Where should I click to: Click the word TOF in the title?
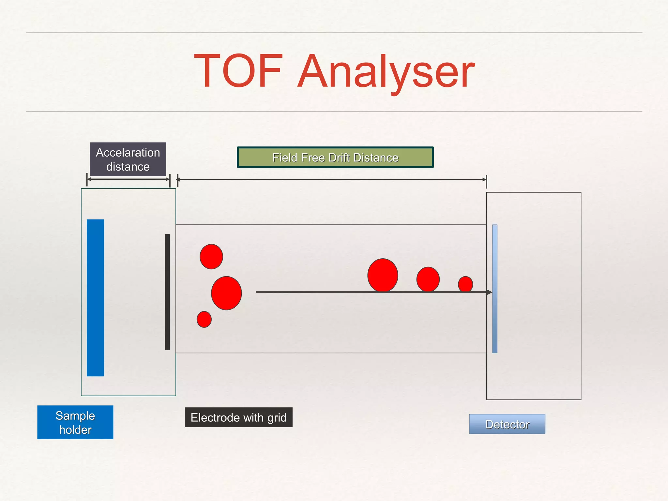[x=238, y=71]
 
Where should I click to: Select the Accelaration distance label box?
[x=128, y=159]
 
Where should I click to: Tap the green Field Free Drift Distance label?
[x=335, y=158]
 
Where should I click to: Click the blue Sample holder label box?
[x=75, y=422]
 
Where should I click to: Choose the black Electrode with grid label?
[x=238, y=417]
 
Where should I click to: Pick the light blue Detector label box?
[x=507, y=424]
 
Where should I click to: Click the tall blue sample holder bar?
[x=95, y=297]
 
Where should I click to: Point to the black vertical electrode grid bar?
[x=167, y=292]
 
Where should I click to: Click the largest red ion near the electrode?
[x=226, y=293]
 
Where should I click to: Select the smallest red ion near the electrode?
[x=204, y=319]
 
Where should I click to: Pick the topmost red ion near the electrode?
[x=211, y=256]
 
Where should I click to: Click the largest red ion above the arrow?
[x=383, y=275]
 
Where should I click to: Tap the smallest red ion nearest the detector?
[x=465, y=284]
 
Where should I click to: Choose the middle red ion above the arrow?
[x=428, y=279]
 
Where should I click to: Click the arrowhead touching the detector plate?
[x=489, y=292]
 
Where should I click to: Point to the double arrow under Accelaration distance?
[x=128, y=179]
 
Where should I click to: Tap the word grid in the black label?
[x=277, y=418]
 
